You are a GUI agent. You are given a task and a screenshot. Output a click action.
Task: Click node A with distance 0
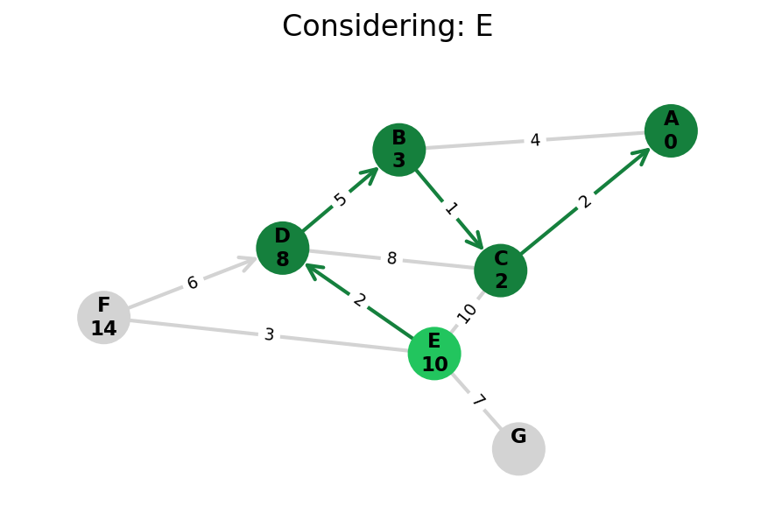[x=671, y=131]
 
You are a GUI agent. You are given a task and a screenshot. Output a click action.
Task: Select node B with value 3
[x=399, y=150]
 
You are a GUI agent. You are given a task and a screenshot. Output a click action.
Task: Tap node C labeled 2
[x=501, y=271]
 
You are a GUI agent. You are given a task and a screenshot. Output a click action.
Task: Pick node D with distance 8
[x=283, y=248]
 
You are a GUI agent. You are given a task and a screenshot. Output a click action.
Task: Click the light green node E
[x=434, y=354]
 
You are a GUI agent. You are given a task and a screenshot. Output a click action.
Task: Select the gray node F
[x=103, y=317]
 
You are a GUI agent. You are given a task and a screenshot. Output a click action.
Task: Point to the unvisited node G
[x=518, y=448]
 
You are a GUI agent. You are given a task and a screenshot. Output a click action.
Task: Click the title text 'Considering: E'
[x=387, y=26]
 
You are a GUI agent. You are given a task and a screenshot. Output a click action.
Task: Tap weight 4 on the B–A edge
[x=535, y=140]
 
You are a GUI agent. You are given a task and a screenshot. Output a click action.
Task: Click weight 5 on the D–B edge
[x=341, y=200]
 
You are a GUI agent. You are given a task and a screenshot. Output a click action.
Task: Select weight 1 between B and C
[x=450, y=208]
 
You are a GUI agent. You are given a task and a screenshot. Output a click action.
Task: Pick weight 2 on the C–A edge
[x=585, y=201]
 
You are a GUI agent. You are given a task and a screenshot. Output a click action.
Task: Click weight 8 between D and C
[x=391, y=259]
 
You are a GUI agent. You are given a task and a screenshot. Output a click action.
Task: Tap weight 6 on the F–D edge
[x=193, y=283]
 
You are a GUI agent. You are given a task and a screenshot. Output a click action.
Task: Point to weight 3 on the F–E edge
[x=269, y=334]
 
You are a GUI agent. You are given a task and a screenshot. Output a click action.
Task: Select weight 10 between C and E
[x=467, y=312]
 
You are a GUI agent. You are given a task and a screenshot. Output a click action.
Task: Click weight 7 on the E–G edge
[x=477, y=401]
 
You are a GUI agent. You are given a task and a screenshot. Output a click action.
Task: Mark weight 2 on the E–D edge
[x=359, y=300]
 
